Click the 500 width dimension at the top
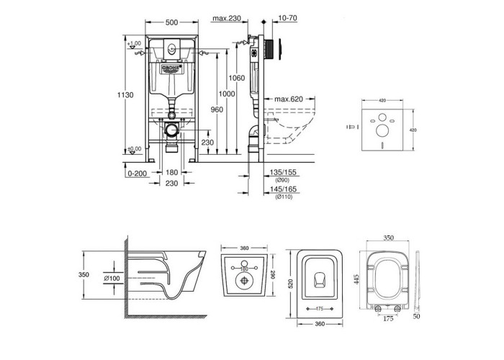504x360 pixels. [x=173, y=23]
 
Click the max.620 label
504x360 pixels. [x=287, y=99]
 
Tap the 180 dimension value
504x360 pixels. [x=172, y=174]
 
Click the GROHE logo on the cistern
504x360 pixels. [x=174, y=68]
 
